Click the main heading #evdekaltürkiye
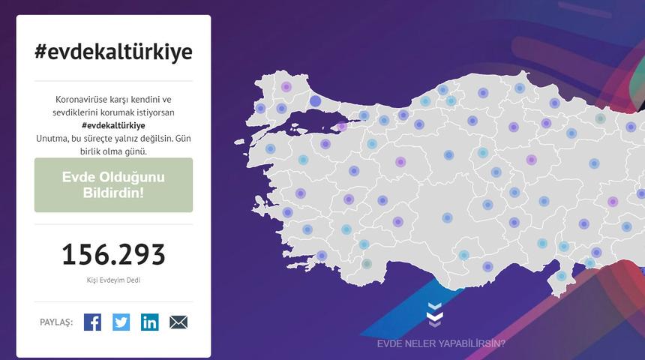[113, 52]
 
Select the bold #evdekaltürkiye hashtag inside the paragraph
[113, 125]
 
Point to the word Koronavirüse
[82, 100]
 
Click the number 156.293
[113, 255]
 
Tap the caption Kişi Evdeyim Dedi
[113, 280]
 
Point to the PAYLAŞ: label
[56, 322]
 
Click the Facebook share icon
[92, 322]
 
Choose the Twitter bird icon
[121, 322]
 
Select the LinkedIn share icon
[150, 322]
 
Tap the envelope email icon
[178, 322]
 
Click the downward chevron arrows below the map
[435, 315]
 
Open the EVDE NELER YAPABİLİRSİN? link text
[441, 343]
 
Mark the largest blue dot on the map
[316, 101]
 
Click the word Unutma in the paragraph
[52, 138]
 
